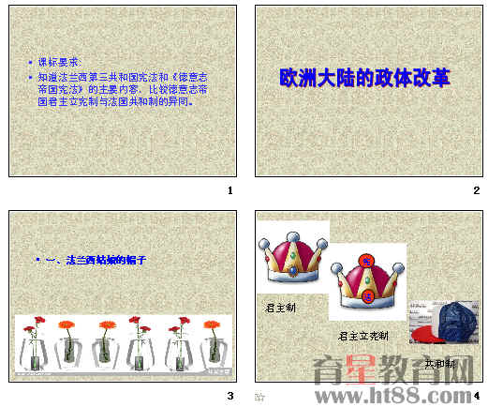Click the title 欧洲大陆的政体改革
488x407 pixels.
tap(365, 77)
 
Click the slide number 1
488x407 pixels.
tap(229, 191)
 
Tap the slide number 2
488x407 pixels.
tap(476, 191)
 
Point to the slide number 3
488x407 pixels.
tap(229, 396)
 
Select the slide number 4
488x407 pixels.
tap(476, 396)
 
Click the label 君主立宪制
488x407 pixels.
tap(362, 336)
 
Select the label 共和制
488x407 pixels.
tap(439, 363)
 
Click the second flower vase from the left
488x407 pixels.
tap(68, 345)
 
